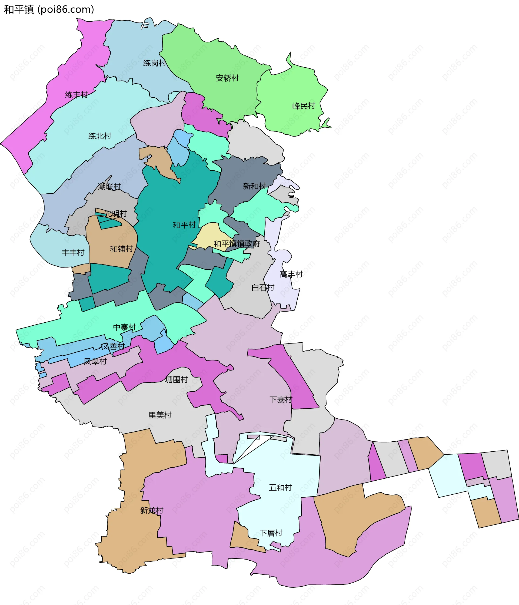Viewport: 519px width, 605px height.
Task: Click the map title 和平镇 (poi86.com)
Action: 49,10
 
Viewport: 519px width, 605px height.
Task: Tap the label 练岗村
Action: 154,63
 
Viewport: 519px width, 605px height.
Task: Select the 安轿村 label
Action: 227,78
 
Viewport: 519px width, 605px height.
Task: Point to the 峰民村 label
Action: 304,106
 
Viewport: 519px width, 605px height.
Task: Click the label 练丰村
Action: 76,95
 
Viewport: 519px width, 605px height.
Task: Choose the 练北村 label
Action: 100,136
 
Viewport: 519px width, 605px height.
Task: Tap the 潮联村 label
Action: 109,186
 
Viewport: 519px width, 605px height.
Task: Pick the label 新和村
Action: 255,186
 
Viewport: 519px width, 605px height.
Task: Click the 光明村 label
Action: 116,213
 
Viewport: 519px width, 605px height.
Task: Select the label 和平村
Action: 184,225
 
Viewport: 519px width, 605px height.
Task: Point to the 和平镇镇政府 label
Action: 237,243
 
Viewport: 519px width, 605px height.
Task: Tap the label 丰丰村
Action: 73,252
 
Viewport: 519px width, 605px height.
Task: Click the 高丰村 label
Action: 291,274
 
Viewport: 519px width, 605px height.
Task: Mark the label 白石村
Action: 263,287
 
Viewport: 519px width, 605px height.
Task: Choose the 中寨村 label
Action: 124,327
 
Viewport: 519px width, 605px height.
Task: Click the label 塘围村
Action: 177,380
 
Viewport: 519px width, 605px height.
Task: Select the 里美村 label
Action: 160,415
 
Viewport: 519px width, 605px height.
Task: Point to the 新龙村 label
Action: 152,510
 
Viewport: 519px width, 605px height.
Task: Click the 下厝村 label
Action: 271,533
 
